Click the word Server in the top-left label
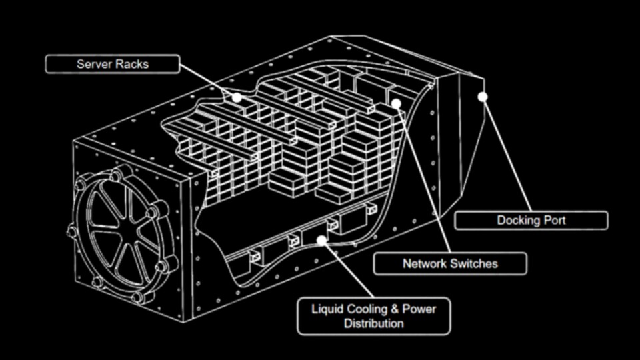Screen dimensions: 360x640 tap(94, 64)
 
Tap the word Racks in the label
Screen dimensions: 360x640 tap(131, 64)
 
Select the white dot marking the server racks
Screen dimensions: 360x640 tap(236, 97)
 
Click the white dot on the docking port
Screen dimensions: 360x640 tap(483, 97)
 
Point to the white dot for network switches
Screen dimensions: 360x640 tap(396, 103)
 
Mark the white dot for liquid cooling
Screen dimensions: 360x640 tap(322, 239)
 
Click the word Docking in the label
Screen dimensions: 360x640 tap(518, 221)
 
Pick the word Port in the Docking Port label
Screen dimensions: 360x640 tap(554, 221)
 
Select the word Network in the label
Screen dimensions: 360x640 tap(423, 263)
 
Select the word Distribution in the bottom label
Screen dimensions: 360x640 tap(373, 324)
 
